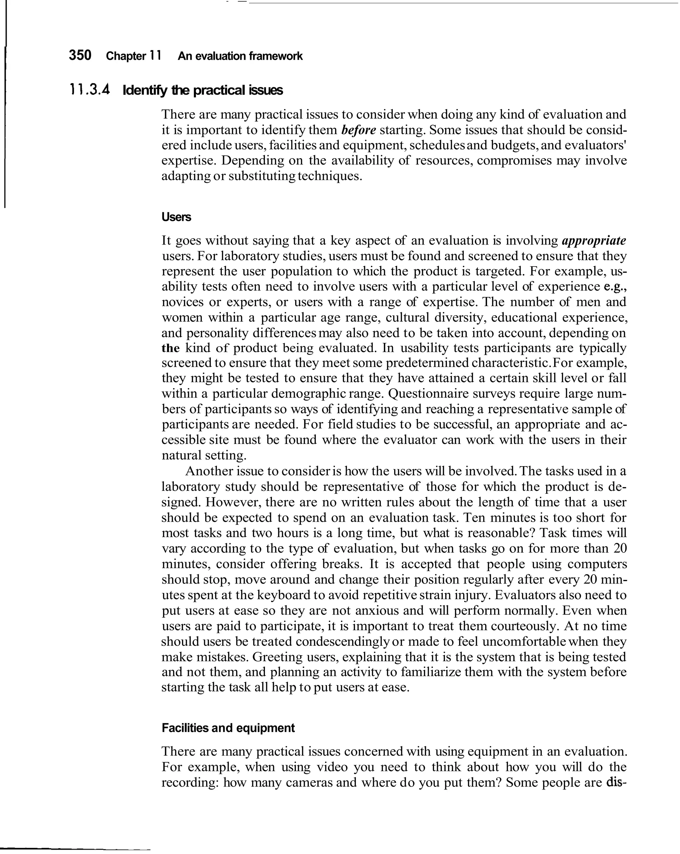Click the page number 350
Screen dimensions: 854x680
click(80, 55)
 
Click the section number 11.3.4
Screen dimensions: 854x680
click(89, 90)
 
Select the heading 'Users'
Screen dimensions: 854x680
click(176, 217)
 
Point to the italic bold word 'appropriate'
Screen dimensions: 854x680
click(594, 241)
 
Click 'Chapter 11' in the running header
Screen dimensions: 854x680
click(133, 56)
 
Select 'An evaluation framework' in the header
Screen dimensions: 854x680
click(240, 56)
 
